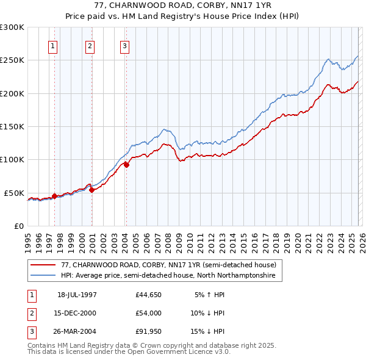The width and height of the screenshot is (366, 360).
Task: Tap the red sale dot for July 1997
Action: pos(54,196)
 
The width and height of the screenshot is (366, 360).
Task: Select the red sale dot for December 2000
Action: pos(91,190)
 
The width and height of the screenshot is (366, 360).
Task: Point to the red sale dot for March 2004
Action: pos(126,165)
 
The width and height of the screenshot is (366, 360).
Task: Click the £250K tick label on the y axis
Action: pos(12,60)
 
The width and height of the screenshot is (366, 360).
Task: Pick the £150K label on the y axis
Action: pos(12,126)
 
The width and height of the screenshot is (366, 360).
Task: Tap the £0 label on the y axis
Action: pos(20,226)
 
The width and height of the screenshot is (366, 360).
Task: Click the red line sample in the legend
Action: pos(43,265)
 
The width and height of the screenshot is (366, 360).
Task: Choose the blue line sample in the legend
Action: pos(43,276)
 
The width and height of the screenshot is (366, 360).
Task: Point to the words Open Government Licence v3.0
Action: pos(179,352)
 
